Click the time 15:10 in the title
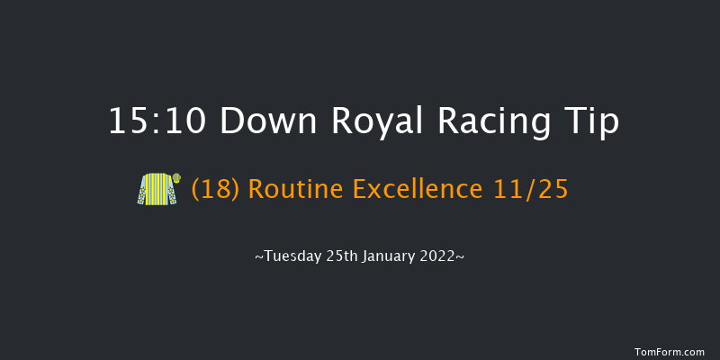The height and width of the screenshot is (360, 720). point(158,121)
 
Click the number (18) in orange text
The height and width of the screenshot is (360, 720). point(215,190)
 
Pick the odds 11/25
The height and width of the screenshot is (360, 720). point(535,190)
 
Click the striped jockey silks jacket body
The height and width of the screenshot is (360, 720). point(157,190)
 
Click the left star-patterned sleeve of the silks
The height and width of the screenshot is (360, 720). point(142,192)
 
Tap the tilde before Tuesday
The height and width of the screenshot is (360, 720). point(258,257)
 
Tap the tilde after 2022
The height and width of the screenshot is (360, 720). point(461,257)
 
